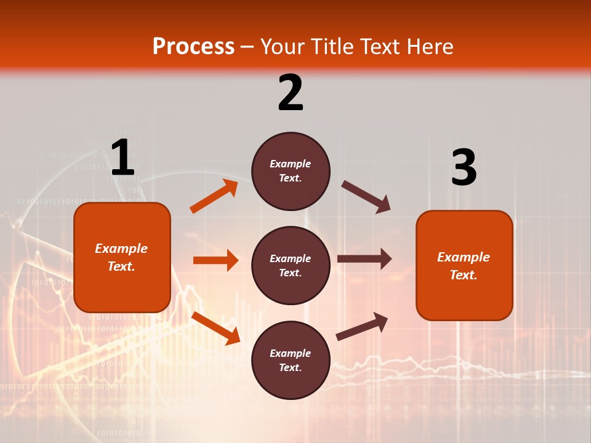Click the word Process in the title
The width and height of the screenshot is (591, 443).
(193, 47)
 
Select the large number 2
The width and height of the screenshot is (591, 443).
(291, 92)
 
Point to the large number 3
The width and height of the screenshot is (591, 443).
(464, 168)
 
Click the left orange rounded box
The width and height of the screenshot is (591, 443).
(122, 257)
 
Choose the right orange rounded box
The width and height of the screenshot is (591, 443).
(464, 265)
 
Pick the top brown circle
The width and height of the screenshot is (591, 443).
(291, 171)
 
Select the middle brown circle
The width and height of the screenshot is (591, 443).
(291, 265)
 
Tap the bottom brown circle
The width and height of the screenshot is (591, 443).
(291, 360)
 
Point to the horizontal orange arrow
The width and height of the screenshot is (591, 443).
(215, 260)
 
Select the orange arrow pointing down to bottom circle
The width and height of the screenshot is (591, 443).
(215, 328)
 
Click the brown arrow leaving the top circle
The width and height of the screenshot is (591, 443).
(366, 197)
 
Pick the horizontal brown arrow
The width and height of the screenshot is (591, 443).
(364, 258)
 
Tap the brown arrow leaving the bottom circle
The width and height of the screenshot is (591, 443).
(362, 326)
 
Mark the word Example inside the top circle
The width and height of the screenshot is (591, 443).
(291, 164)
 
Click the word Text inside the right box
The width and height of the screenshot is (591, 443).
(463, 275)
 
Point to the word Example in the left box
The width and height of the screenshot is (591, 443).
(121, 249)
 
